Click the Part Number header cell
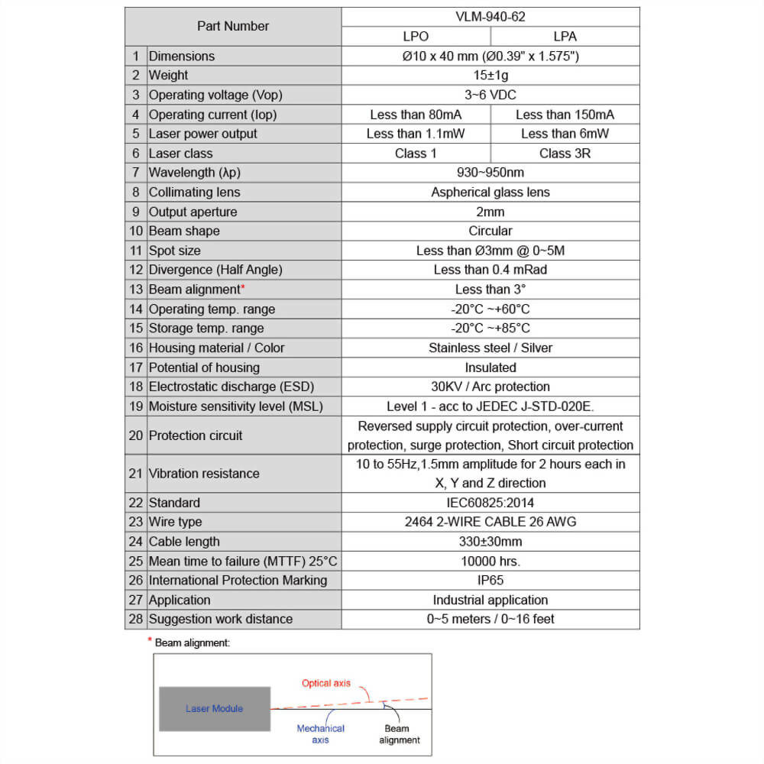pyautogui.click(x=233, y=26)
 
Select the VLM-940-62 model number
pyautogui.click(x=490, y=16)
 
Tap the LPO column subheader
pyautogui.click(x=416, y=36)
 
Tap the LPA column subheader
pyautogui.click(x=565, y=36)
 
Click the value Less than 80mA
pyautogui.click(x=416, y=115)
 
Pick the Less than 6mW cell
pyautogui.click(x=565, y=134)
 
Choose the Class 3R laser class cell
pyautogui.click(x=565, y=153)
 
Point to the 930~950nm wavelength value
pyautogui.click(x=490, y=173)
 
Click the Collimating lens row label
pyautogui.click(x=194, y=192)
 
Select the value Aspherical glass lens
pyautogui.click(x=490, y=192)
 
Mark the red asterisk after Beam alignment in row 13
pyautogui.click(x=243, y=287)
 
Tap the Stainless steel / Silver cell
pyautogui.click(x=490, y=348)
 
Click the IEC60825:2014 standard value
pyautogui.click(x=490, y=503)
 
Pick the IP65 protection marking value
pyautogui.click(x=490, y=580)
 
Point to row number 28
pyautogui.click(x=136, y=619)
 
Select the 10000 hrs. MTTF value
pyautogui.click(x=490, y=561)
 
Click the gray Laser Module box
pyautogui.click(x=215, y=708)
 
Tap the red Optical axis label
pyautogui.click(x=326, y=683)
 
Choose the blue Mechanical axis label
pyautogui.click(x=321, y=733)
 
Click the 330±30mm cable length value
pyautogui.click(x=490, y=542)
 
